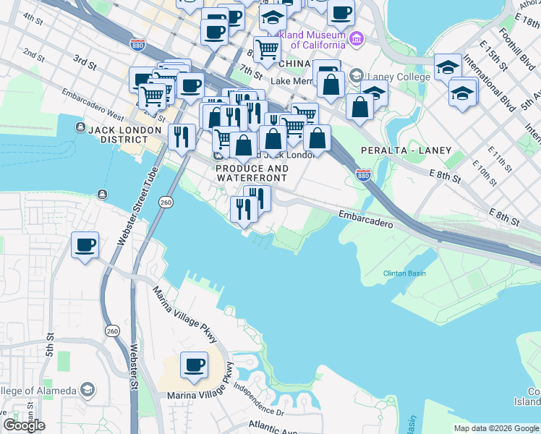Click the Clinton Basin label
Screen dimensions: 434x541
[x=404, y=273]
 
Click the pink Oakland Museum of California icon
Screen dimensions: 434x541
[x=355, y=38]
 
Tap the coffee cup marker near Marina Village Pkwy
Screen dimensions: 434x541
[x=193, y=365]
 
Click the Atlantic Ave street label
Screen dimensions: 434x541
[x=272, y=427]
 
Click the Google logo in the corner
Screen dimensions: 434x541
[x=24, y=425]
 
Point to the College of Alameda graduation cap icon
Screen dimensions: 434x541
[x=87, y=391]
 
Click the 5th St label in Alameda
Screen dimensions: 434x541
[x=50, y=346]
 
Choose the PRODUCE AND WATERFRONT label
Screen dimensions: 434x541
[x=252, y=174]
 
